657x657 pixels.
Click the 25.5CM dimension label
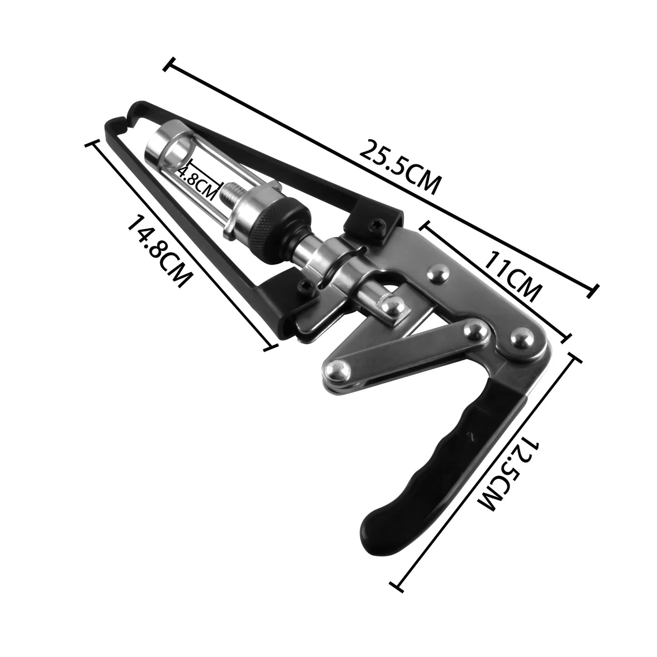(399, 167)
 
